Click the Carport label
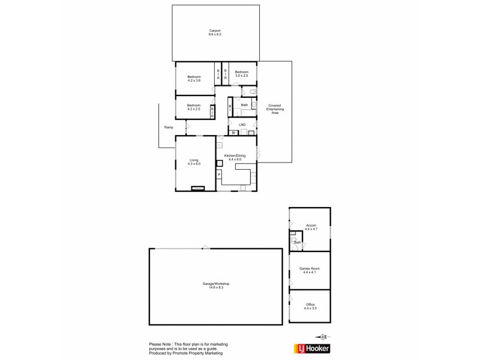tap(215, 32)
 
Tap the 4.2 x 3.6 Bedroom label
tap(194, 78)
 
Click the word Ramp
tap(169, 127)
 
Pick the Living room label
tap(194, 161)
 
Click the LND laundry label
tap(242, 125)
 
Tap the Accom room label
tap(310, 227)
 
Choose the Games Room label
tap(310, 271)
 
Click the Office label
tap(310, 306)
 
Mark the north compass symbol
tap(323, 337)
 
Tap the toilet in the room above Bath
tap(253, 91)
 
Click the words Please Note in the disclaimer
tap(160, 344)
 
